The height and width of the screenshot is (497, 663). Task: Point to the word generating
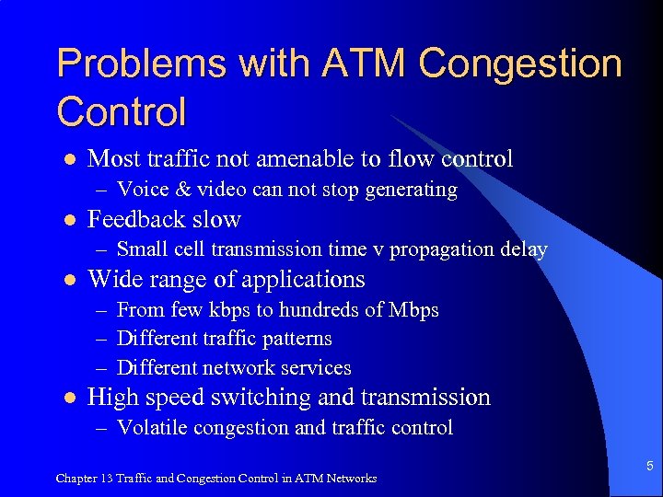point(414,191)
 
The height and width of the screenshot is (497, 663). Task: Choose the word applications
point(301,280)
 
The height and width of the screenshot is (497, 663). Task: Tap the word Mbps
point(412,309)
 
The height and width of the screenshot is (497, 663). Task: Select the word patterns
point(297,339)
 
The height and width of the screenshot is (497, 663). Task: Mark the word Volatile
point(151,428)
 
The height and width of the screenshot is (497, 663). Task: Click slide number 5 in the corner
point(648,467)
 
